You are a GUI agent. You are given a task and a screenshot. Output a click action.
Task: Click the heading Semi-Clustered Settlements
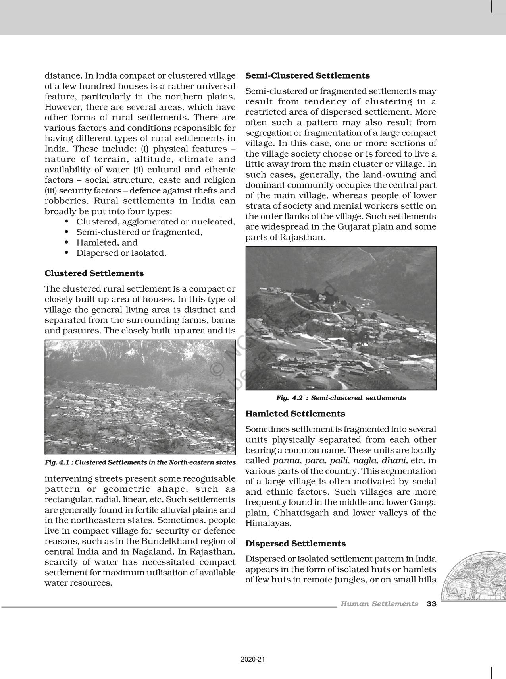308,76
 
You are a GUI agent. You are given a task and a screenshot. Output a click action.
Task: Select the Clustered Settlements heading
94,273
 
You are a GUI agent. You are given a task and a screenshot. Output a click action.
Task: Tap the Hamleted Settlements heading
295,414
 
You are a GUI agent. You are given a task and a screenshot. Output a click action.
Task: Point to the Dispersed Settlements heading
296,544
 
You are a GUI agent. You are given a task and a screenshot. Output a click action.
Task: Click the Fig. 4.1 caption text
140,462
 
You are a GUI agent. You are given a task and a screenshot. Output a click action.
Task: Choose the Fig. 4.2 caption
341,398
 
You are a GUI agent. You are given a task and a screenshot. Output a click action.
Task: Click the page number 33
431,604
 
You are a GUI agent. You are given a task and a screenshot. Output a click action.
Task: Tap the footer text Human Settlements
379,604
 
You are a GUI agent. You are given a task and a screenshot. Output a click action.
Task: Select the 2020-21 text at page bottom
253,660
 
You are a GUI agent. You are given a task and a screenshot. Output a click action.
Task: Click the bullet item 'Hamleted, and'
107,243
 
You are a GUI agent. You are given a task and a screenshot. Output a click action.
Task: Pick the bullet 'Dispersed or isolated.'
121,253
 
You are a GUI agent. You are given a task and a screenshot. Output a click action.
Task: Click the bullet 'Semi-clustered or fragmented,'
139,232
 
